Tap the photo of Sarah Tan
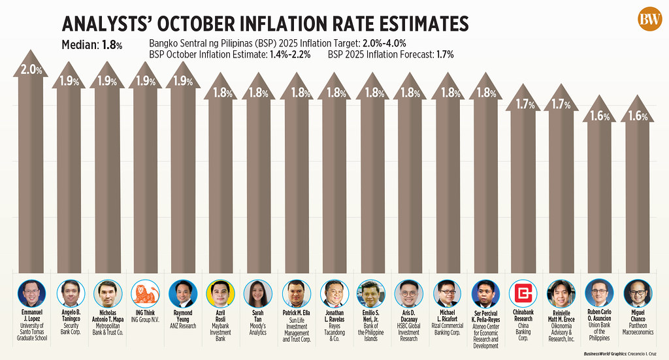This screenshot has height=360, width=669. tap(257, 293)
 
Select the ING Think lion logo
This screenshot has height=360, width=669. tap(143, 293)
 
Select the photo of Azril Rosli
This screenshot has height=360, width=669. tap(220, 293)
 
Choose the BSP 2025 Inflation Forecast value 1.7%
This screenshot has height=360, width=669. tap(441, 55)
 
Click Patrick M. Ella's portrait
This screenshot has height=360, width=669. tap(295, 293)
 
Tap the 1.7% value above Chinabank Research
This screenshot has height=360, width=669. tap(524, 103)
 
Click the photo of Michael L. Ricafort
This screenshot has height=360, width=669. tap(448, 293)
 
